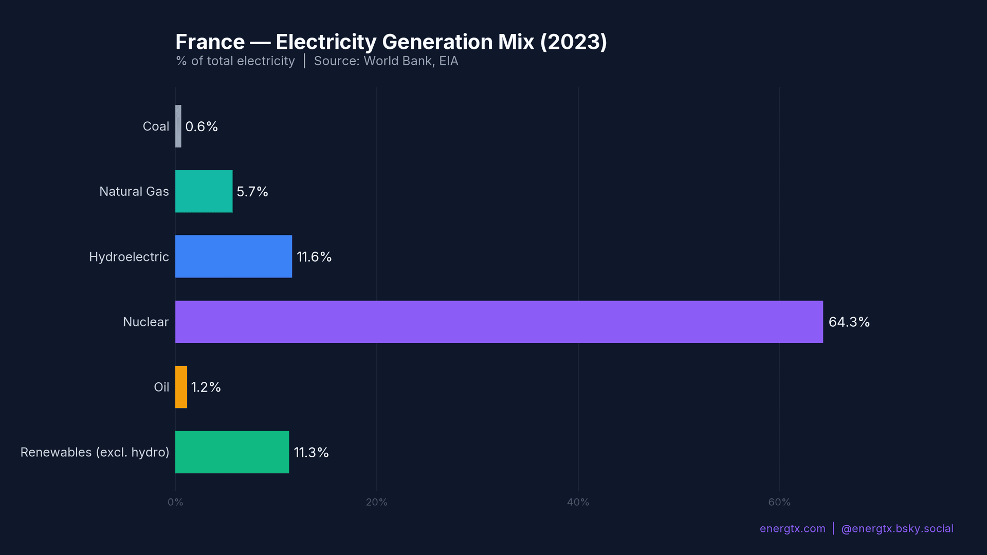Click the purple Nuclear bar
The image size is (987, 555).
(x=499, y=322)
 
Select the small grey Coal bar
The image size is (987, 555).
(x=178, y=126)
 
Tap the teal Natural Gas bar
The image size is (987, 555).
(x=204, y=191)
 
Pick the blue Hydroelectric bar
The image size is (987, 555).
(x=233, y=256)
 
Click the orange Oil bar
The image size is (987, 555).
(x=181, y=387)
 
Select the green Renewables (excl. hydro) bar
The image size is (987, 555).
(x=232, y=452)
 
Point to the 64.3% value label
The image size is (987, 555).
(x=849, y=322)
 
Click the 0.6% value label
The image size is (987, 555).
(x=202, y=127)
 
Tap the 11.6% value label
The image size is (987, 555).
(x=314, y=257)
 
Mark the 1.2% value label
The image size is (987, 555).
(x=206, y=387)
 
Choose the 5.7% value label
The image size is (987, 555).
(x=252, y=192)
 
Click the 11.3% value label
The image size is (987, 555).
(x=311, y=453)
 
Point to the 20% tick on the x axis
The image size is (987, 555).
(x=376, y=502)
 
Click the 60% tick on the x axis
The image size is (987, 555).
(x=779, y=502)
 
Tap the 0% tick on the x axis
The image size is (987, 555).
(x=175, y=502)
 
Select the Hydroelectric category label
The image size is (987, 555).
(x=129, y=257)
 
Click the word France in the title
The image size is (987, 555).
(x=210, y=42)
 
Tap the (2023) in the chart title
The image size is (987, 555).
(x=573, y=42)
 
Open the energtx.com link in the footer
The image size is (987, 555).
(x=792, y=529)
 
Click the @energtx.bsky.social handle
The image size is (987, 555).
(x=897, y=529)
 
